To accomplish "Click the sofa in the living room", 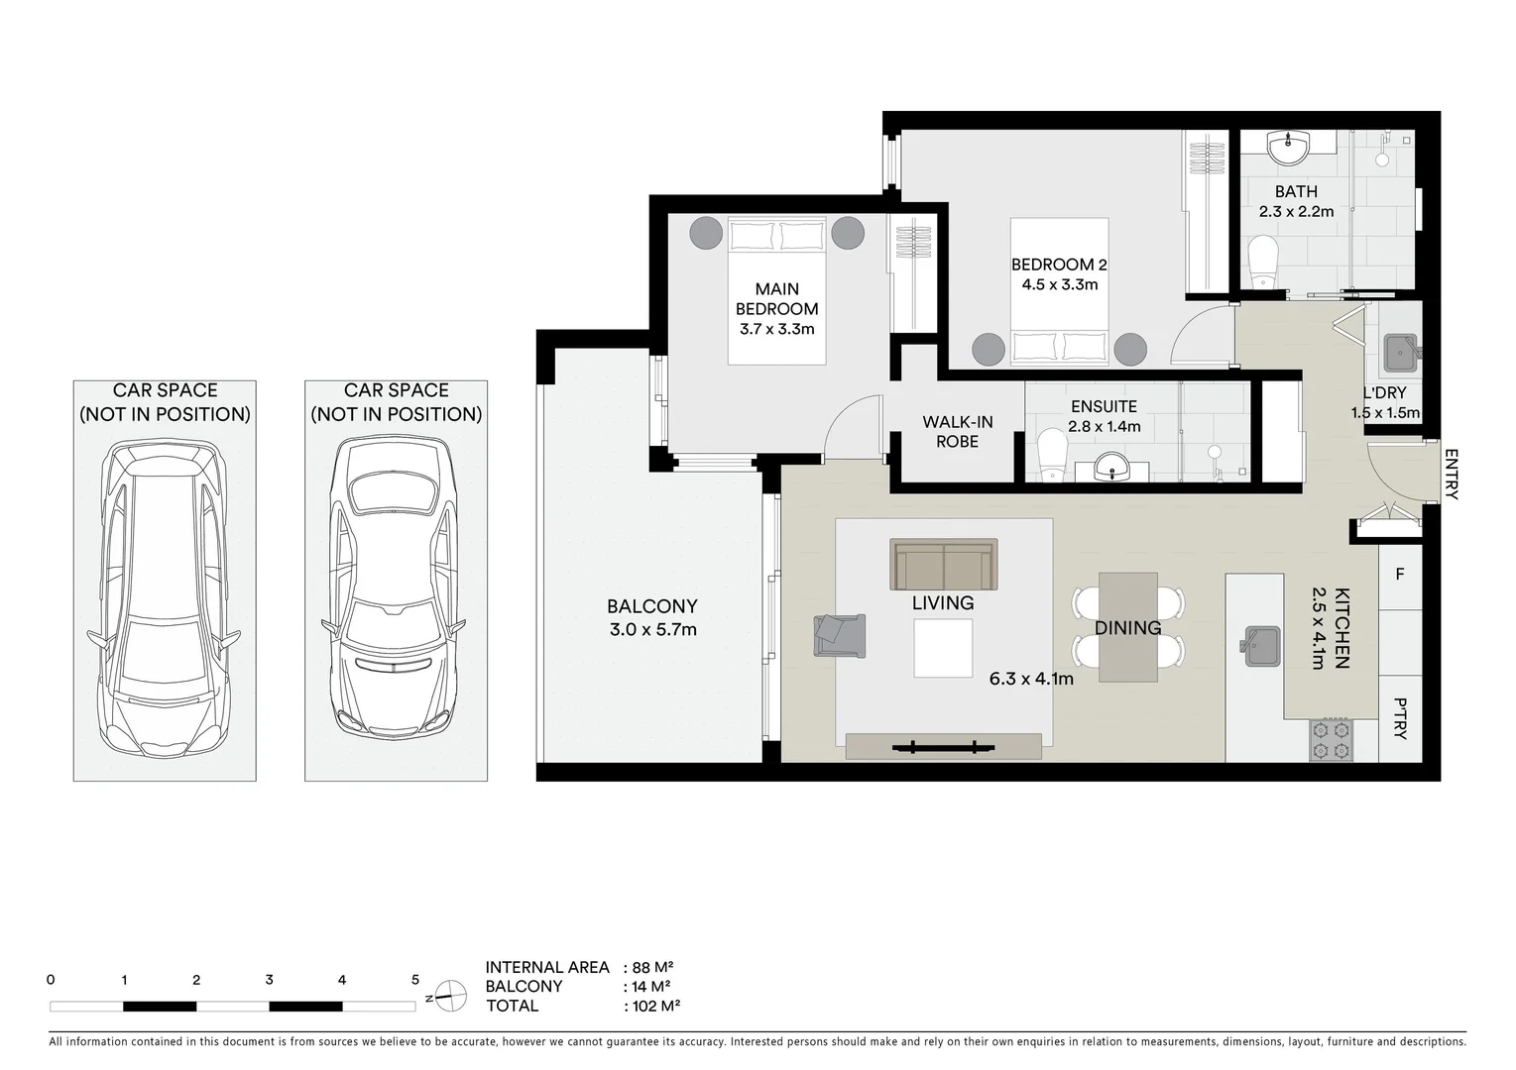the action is (x=944, y=564).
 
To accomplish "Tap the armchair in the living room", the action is (x=839, y=636).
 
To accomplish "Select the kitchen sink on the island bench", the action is (x=1260, y=646).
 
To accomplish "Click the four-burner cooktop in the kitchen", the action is (x=1332, y=739).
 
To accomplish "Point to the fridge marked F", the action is (x=1400, y=575).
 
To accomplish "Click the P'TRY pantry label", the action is (x=1400, y=718).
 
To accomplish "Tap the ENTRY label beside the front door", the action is (x=1451, y=475).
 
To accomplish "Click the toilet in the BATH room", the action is (x=1262, y=262).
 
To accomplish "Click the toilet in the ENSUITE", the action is (x=1052, y=454).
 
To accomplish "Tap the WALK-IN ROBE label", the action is (x=958, y=432).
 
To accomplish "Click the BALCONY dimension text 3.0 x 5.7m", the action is (x=652, y=630).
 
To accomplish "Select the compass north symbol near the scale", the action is (x=448, y=997).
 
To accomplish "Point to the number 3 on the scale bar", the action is (x=269, y=980).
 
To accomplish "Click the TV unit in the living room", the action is (x=944, y=747).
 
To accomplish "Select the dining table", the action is (x=1127, y=627).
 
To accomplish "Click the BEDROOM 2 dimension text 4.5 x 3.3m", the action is (x=1059, y=284).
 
